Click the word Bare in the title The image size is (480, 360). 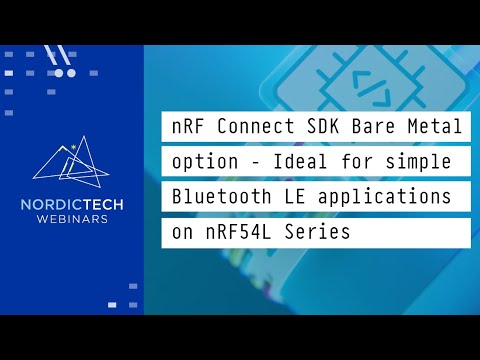[x=372, y=128]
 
